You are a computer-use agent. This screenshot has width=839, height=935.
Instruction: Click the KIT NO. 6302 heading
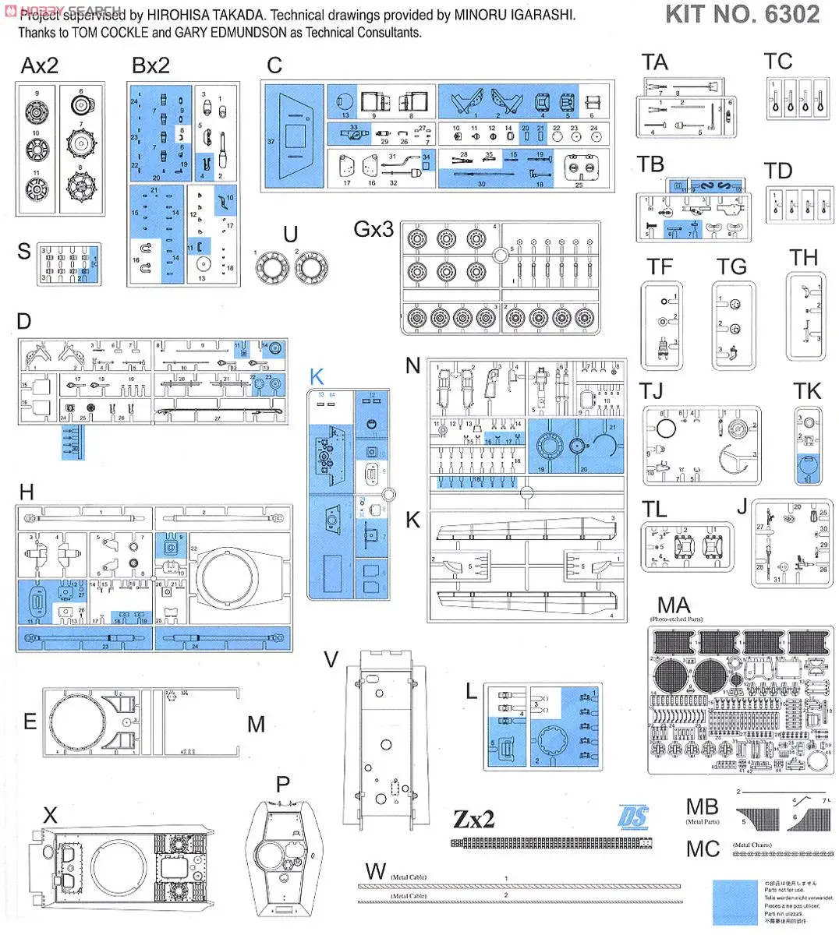click(742, 14)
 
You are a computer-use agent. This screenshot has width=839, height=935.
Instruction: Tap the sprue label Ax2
click(39, 65)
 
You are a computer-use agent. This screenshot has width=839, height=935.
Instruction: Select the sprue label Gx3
click(373, 229)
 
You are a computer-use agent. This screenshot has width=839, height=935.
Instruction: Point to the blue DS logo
click(632, 817)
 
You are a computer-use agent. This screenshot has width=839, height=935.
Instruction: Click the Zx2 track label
click(473, 819)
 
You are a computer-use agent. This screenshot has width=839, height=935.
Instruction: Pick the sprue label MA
click(674, 605)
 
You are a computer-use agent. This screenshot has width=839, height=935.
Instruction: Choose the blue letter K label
click(316, 377)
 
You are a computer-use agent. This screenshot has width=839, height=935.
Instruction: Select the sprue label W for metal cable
click(375, 871)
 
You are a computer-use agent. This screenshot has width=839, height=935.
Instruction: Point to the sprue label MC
click(703, 849)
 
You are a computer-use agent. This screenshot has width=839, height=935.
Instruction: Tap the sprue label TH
click(803, 258)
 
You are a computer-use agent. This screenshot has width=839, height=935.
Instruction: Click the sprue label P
click(282, 785)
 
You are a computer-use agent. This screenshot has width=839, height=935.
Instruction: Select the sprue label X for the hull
click(50, 815)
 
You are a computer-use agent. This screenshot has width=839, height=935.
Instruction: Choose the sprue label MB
click(702, 807)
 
